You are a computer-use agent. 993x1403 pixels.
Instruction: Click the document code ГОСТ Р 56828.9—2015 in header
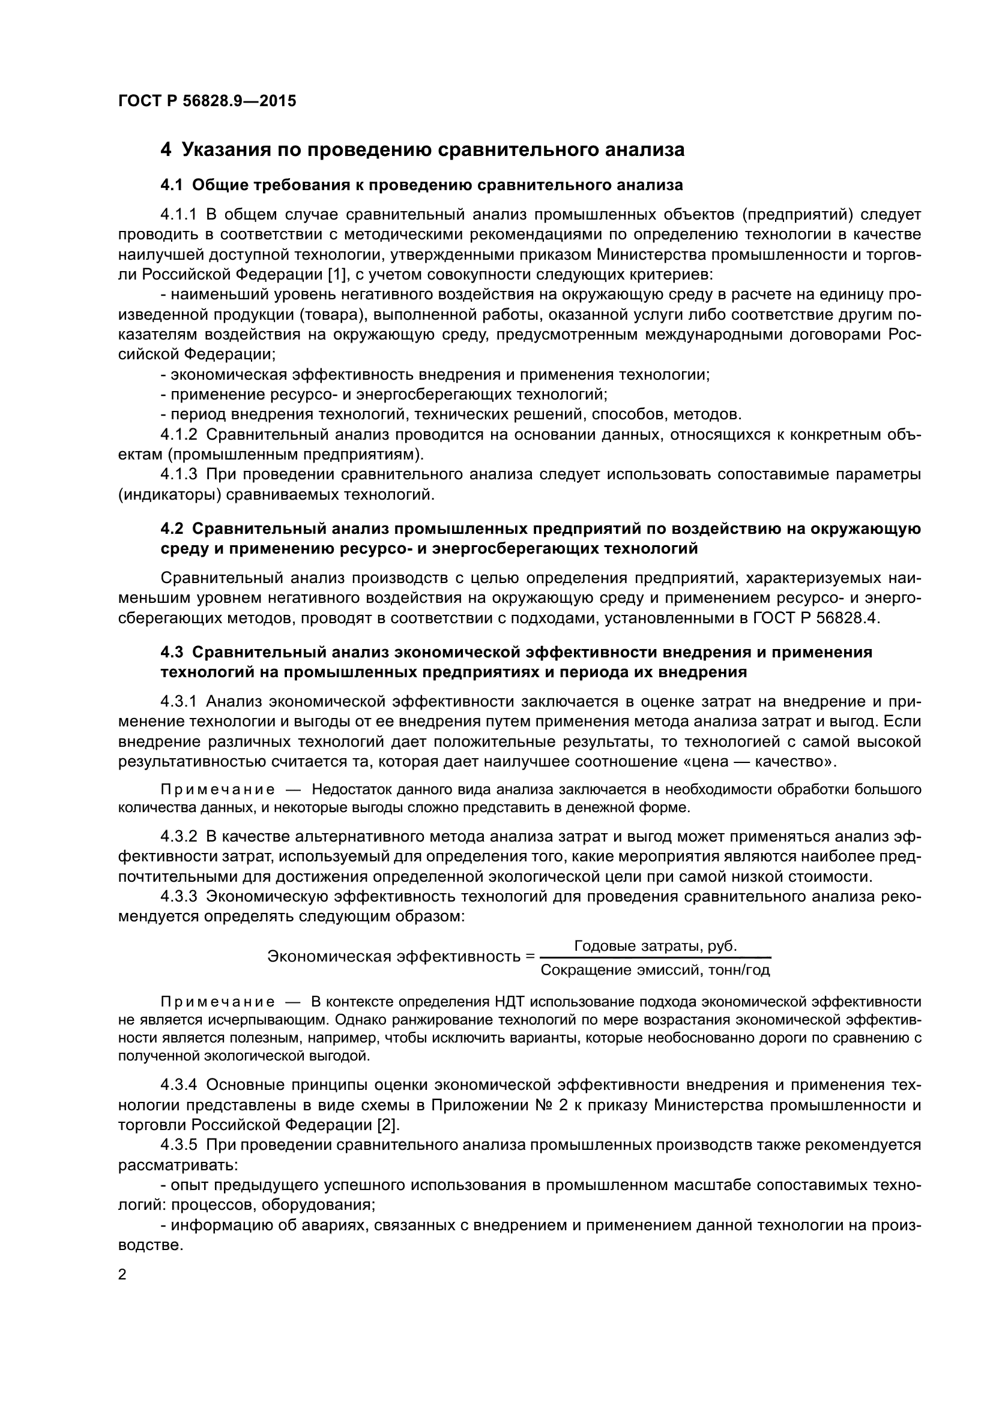(x=207, y=101)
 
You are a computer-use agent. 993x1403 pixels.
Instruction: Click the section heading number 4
(x=166, y=150)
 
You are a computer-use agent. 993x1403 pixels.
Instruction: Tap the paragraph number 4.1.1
(x=178, y=215)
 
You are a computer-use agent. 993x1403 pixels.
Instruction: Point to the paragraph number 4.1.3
(x=178, y=475)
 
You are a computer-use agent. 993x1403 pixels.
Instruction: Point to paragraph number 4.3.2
(x=178, y=837)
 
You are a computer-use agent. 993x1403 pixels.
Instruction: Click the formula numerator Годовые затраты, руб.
(x=656, y=947)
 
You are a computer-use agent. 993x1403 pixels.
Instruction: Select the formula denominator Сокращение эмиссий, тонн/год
(x=656, y=971)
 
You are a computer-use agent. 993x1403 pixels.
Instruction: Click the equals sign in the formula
(x=530, y=957)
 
